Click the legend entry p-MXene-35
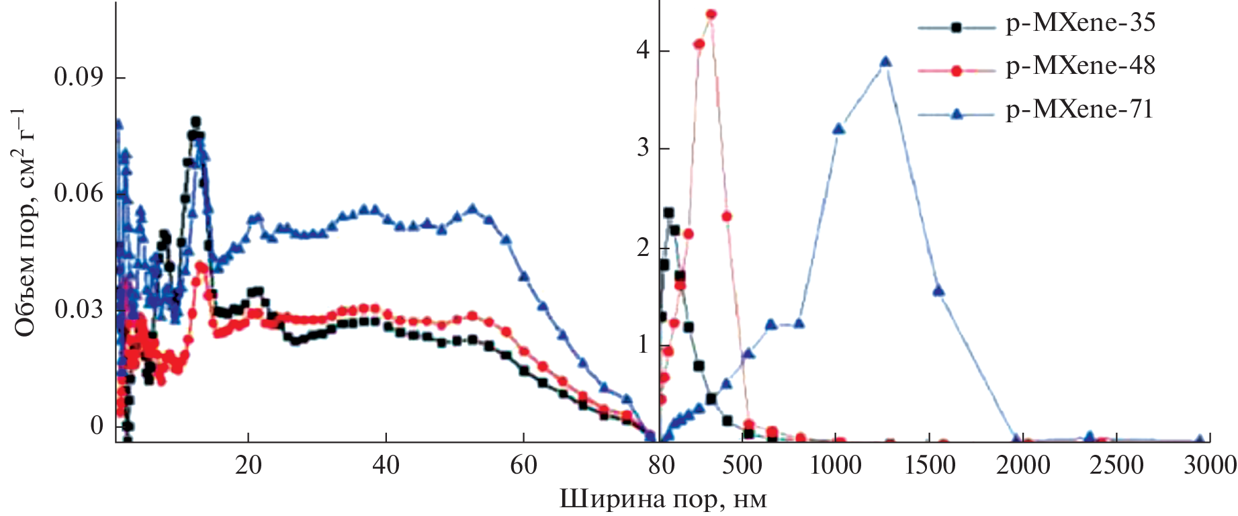1080,24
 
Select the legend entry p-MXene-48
1080,67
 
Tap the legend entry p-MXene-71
1079,110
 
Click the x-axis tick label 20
248,465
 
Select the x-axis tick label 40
386,465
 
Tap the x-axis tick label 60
523,465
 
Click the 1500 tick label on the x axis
930,465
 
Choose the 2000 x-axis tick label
1023,465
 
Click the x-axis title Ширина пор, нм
663,500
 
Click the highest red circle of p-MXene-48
711,14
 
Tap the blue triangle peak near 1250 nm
885,62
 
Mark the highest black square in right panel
668,213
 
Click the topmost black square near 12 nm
195,122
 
